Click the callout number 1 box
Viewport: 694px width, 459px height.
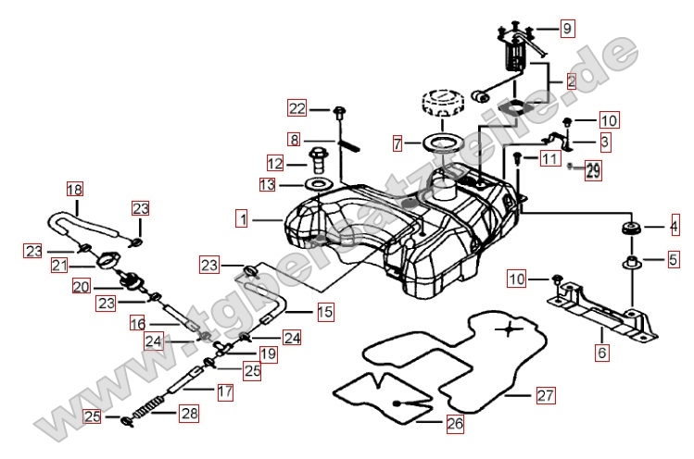click(x=242, y=220)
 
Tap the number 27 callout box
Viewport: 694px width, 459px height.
click(x=544, y=395)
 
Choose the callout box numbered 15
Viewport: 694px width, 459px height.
click(x=325, y=313)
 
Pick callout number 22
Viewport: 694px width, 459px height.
click(x=296, y=109)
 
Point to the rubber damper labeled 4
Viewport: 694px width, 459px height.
click(x=633, y=228)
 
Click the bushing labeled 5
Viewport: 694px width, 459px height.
click(x=633, y=262)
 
